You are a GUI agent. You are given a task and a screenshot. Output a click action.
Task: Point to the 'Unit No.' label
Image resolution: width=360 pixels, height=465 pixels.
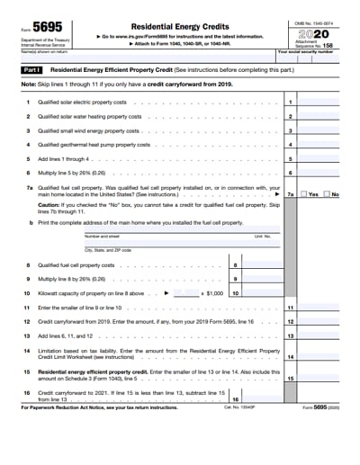point(262,237)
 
